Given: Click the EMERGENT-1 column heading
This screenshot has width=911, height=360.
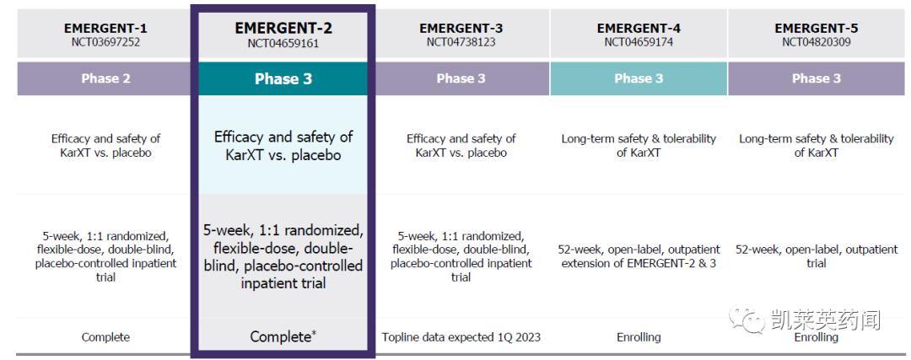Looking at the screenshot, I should pos(105,28).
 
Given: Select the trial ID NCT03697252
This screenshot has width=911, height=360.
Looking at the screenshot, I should pos(105,42).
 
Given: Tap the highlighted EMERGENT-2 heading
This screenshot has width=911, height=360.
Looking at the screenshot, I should pos(283,28).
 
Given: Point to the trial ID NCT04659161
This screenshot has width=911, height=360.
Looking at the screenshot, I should pos(283,43).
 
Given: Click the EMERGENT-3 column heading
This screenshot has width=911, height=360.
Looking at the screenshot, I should pos(461,28).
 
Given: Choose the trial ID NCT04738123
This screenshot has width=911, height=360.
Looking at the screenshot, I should pos(461,42).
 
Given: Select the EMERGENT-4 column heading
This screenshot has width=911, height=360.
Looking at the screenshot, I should pos(639,28).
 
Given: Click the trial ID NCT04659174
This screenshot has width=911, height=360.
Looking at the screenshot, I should pos(639,42).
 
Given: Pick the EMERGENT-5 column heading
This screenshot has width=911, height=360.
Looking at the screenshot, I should pos(816,28).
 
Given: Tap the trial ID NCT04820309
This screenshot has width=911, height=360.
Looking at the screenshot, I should pos(816,42).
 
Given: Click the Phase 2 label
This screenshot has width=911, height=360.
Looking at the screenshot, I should pos(105,78).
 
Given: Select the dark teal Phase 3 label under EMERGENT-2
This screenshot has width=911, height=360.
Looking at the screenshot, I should pos(283,78).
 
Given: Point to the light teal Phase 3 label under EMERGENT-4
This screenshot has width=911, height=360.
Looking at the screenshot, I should pos(639,78).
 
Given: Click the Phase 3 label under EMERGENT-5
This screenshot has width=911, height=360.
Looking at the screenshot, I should pos(816,78).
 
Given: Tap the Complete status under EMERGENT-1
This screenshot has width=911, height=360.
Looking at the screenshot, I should pos(105,337).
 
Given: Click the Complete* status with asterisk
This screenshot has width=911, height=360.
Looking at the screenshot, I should pos(283,337).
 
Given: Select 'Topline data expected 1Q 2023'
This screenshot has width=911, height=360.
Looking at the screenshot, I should pos(461,337).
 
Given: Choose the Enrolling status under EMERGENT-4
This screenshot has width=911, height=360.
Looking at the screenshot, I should pos(639,337).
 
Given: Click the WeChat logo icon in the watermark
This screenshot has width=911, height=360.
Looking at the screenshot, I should pos(746,319).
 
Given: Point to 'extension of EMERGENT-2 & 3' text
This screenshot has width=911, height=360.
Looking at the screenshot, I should pos(639,263).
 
